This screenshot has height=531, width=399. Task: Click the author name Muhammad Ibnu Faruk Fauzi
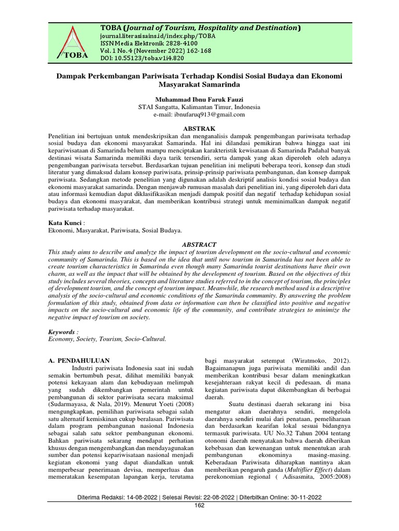point(199,99)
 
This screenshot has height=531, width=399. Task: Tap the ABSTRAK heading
point(199,128)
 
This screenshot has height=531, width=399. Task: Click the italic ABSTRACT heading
point(199,244)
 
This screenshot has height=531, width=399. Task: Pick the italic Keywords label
point(61,331)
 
